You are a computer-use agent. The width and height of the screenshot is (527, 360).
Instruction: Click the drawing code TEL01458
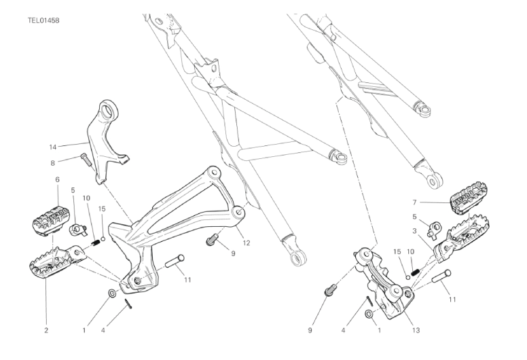tap(43, 20)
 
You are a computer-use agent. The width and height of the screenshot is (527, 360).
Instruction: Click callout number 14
tap(53, 147)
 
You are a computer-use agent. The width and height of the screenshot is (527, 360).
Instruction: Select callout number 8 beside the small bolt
tap(52, 164)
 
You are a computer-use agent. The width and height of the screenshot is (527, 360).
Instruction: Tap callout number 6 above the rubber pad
tap(57, 179)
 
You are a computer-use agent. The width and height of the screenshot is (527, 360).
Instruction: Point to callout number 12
tap(247, 242)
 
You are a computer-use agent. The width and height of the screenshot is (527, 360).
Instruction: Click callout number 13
tap(416, 330)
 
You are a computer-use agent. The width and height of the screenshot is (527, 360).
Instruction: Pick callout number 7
tap(414, 202)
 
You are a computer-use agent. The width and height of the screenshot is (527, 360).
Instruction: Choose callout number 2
tap(46, 330)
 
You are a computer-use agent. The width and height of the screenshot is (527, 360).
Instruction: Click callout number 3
tap(414, 231)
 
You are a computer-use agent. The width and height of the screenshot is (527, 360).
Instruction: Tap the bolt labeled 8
tap(86, 159)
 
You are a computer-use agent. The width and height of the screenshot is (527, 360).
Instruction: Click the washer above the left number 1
tap(112, 293)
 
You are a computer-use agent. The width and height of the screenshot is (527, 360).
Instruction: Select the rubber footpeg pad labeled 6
tap(51, 220)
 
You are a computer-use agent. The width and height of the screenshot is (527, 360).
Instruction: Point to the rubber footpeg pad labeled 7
tap(468, 198)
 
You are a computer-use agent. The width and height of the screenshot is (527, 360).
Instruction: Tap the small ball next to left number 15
tap(103, 239)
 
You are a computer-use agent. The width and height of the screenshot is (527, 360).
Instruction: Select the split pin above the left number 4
tap(128, 303)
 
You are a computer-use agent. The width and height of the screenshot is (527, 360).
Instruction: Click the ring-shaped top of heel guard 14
tap(108, 110)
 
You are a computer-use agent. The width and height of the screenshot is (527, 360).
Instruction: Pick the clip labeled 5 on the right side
tap(433, 230)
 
